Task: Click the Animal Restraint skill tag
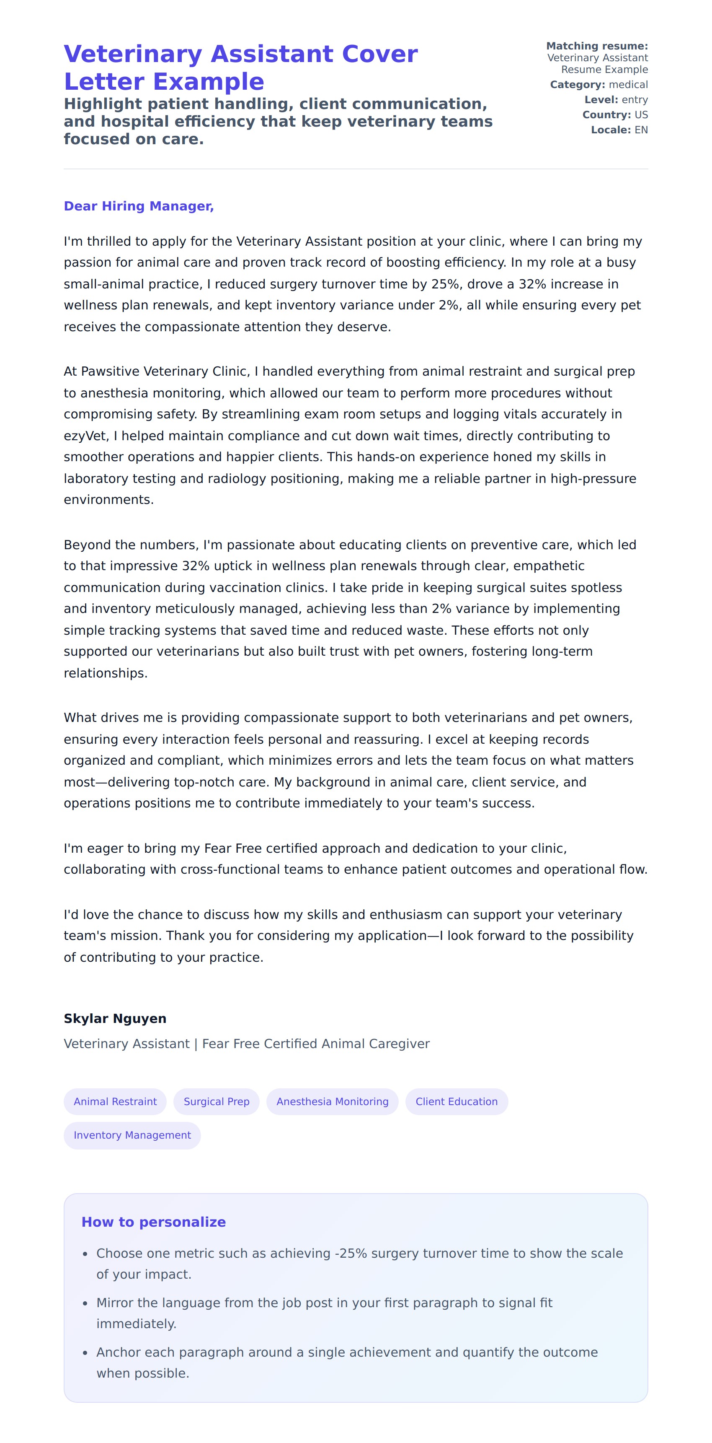115,1101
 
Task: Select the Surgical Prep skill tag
216,1101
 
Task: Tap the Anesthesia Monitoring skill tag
332,1101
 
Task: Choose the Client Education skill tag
456,1101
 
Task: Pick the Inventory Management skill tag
132,1135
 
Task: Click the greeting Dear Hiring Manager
139,206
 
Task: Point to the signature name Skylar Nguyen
115,1018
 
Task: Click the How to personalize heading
153,1222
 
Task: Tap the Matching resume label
597,46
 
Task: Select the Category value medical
628,85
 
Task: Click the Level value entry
635,100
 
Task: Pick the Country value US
641,115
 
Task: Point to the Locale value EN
641,130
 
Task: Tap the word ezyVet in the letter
85,436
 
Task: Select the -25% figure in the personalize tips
351,1253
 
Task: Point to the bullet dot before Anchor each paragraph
85,1353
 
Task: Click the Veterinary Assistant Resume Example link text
597,63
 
